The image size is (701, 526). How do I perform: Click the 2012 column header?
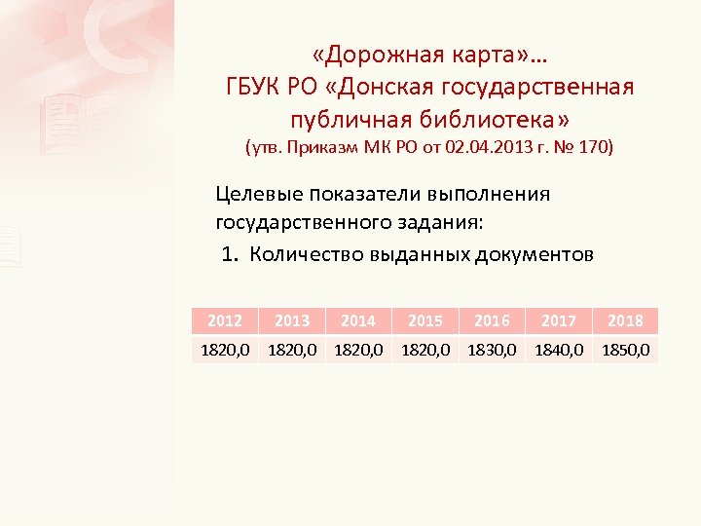pos(225,320)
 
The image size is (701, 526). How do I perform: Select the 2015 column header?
pos(424,320)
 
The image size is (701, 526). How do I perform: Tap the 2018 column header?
pos(624,320)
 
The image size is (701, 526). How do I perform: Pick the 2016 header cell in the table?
pos(491,320)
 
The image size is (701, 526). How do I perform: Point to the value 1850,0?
pos(626,349)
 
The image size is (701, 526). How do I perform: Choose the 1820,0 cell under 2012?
pos(225,349)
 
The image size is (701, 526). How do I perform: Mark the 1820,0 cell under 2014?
pos(358,349)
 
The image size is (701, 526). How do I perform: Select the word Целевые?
pos(257,194)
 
